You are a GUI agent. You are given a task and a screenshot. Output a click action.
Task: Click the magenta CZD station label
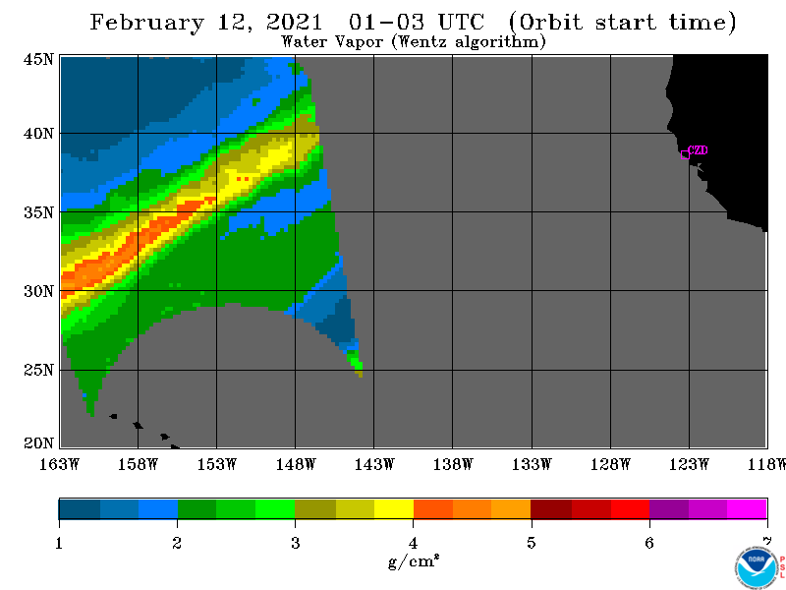(x=698, y=150)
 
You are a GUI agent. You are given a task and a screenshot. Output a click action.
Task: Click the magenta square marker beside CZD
(x=685, y=155)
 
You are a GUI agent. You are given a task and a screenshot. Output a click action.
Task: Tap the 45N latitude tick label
(x=38, y=59)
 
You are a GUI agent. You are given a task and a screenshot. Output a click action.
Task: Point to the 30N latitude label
(x=38, y=291)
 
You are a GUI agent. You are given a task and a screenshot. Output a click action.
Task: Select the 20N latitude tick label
(x=38, y=443)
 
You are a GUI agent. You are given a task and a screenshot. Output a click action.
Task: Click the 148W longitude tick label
(x=296, y=464)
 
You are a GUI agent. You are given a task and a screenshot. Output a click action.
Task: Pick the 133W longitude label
(x=532, y=464)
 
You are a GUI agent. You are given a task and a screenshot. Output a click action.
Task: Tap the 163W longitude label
(x=59, y=464)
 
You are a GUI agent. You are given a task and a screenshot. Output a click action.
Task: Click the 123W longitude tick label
(x=689, y=464)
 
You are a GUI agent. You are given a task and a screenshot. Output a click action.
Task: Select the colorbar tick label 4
(x=413, y=544)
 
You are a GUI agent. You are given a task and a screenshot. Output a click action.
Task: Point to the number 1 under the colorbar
(x=59, y=544)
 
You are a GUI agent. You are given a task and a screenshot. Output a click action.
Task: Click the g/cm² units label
(x=414, y=561)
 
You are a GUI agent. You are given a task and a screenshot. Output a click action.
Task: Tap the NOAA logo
(x=756, y=567)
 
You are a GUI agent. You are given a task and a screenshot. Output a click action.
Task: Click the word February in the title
(x=146, y=23)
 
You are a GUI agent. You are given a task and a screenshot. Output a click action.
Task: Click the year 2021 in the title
(x=294, y=22)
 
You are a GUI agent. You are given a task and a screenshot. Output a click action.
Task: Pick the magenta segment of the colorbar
(x=747, y=508)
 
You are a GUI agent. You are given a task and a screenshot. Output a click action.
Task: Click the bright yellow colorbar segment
(x=394, y=508)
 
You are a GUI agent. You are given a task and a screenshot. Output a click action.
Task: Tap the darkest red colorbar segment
(x=551, y=508)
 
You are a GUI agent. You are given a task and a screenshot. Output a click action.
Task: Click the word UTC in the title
(x=461, y=22)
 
